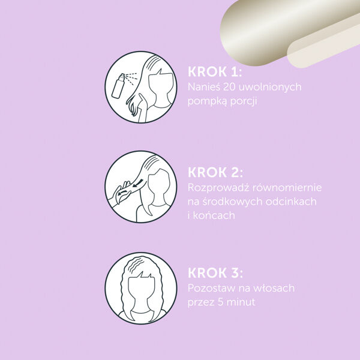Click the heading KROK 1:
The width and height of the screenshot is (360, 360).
coord(215,72)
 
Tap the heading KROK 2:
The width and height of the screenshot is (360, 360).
coord(215,172)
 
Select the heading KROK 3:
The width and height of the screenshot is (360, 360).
coord(215,273)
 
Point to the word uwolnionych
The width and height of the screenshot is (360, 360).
coord(271,88)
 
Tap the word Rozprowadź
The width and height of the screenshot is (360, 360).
coord(218,188)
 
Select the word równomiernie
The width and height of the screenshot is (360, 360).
coord(287,188)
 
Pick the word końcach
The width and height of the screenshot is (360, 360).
coord(214,215)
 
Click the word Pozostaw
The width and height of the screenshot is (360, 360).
coord(211,288)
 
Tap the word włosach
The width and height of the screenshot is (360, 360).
coord(272,288)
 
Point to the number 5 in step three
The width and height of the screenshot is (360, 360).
coord(221,302)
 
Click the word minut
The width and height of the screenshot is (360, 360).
coord(241,302)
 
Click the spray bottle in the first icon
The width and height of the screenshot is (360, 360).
coord(118,86)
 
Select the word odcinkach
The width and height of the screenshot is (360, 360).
coord(292,202)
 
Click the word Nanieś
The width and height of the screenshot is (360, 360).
coord(204,87)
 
